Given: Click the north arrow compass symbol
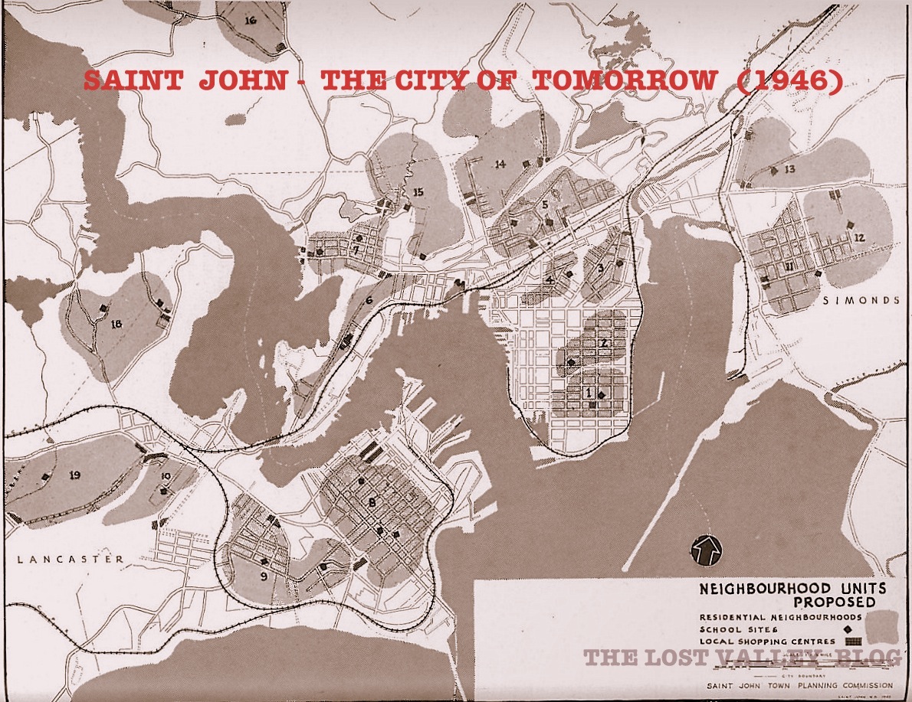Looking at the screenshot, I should [703, 548].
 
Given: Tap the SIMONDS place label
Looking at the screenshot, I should [861, 301].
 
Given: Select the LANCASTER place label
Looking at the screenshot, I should [69, 560].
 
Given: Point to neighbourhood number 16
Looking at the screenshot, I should [251, 21].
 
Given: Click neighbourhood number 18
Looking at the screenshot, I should [116, 324].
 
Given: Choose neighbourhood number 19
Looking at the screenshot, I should [74, 475].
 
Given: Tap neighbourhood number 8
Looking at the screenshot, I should [372, 502].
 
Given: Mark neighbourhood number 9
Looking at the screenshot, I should [263, 577].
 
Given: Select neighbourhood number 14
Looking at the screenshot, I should [500, 164].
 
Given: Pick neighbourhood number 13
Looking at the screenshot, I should [789, 168].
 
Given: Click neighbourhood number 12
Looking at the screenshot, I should [859, 237].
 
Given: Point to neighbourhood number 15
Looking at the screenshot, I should [418, 191].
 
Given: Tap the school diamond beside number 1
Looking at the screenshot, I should [602, 394].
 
